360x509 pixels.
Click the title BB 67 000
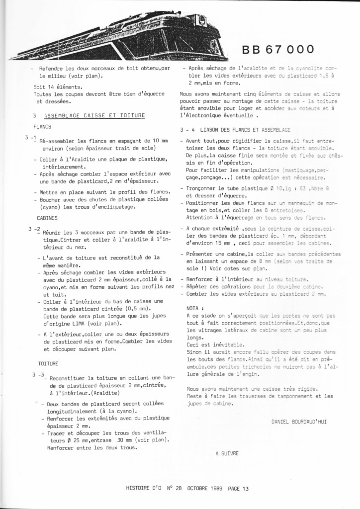[278, 49]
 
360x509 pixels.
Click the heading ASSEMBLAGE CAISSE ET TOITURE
[94, 115]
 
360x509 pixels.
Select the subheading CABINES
[47, 218]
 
